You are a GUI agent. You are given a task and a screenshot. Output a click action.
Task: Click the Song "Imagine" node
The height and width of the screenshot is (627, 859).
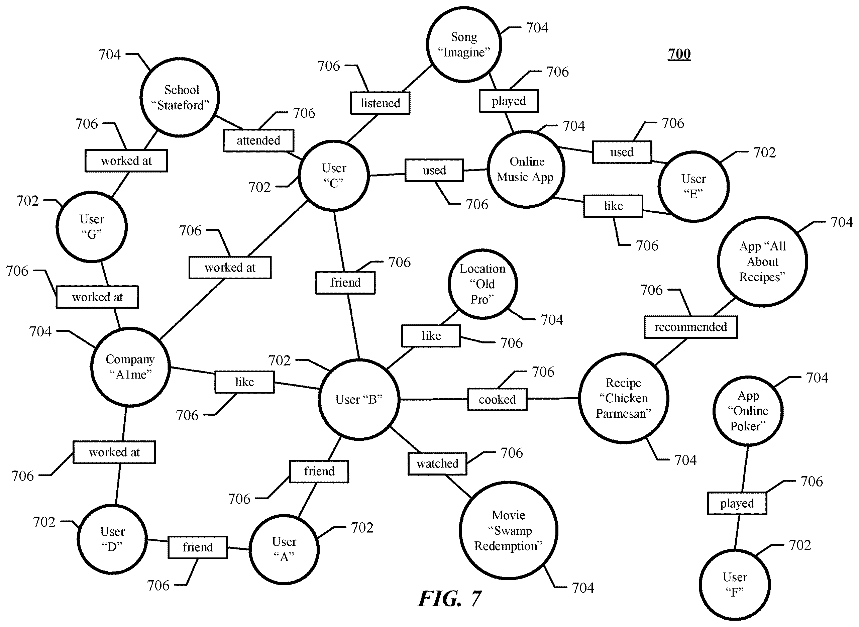point(464,44)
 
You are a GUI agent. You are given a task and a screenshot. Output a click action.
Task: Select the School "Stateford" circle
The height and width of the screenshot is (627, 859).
point(180,97)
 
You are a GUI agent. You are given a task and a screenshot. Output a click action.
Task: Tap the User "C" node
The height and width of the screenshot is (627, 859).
point(333,175)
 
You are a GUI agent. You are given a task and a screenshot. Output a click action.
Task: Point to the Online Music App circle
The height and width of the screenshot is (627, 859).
point(526,169)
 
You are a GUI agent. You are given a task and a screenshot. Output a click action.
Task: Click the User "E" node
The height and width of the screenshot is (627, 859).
point(693,186)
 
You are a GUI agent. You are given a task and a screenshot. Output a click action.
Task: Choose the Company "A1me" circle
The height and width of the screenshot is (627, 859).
point(130,367)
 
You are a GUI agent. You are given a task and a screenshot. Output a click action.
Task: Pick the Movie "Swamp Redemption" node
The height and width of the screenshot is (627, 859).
point(509,530)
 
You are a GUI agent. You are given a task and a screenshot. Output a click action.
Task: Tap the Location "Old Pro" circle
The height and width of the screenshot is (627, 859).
point(482,284)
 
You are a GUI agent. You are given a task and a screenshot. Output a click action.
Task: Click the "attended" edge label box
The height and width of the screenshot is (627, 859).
point(258,140)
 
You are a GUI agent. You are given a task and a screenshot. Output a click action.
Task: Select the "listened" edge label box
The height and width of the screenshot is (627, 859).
point(380,103)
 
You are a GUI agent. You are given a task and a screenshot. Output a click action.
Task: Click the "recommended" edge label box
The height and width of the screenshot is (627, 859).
point(691,327)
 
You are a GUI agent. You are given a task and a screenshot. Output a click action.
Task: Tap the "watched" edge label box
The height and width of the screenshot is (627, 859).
point(437,463)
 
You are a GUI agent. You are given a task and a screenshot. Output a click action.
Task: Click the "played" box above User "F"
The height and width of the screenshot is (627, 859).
point(737,503)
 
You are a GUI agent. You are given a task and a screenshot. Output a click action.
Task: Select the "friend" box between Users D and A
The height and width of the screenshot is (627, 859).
point(198,547)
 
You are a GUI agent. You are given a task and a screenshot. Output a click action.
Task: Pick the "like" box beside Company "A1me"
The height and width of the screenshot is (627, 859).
point(244,382)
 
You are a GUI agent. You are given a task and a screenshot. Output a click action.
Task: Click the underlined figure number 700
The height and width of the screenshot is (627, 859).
point(679,54)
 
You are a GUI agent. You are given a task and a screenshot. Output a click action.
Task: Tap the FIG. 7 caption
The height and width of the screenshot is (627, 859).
point(450,599)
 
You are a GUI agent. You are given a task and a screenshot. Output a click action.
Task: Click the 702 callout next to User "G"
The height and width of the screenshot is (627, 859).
point(28,200)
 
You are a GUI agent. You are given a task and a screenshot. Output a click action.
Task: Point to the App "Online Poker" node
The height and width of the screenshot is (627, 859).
point(748,411)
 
